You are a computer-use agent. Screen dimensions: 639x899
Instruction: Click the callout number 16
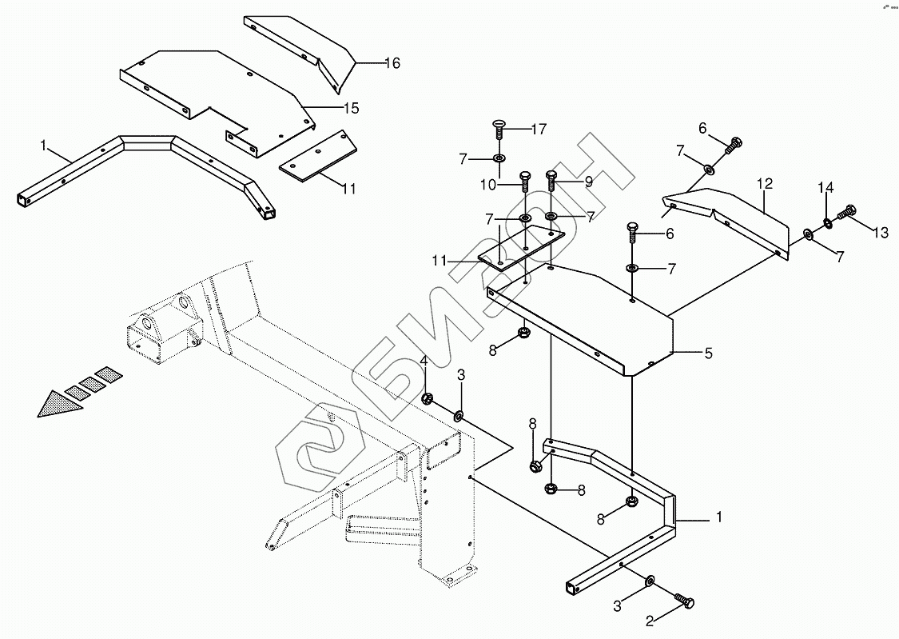pos(392,63)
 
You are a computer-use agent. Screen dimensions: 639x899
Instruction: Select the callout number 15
pos(350,108)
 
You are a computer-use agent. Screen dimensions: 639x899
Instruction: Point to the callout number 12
pos(765,184)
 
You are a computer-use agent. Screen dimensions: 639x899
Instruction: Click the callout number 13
pos(880,233)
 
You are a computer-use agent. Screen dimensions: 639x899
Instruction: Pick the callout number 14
pos(825,188)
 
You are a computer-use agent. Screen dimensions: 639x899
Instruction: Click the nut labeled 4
pos(428,398)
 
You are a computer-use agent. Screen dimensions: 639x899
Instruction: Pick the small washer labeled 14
pos(827,223)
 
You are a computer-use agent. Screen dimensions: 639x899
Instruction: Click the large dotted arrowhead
pos(58,405)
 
